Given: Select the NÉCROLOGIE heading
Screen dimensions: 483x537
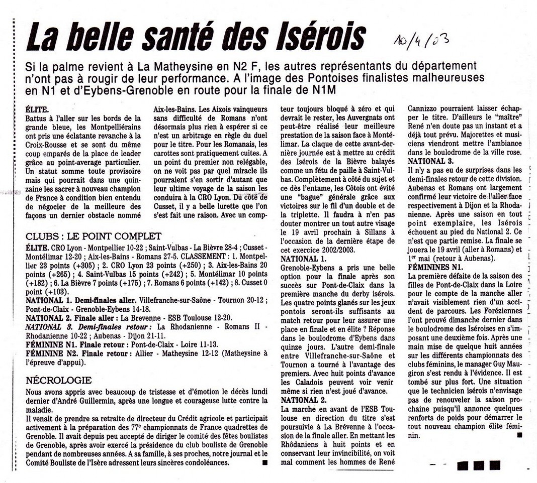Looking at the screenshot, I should click(x=59, y=380).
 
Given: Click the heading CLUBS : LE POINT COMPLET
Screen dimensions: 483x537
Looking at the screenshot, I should click(x=94, y=236).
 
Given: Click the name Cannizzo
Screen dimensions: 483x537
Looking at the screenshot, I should click(x=426, y=107).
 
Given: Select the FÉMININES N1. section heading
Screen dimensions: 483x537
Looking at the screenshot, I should click(x=435, y=267).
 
